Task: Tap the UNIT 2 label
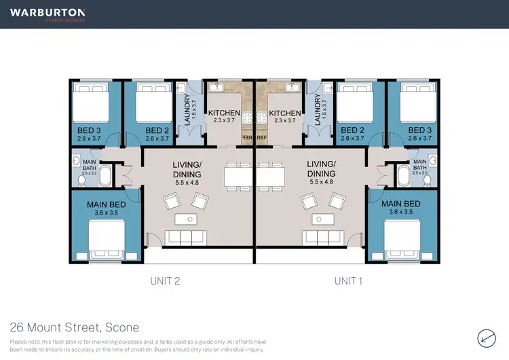click(x=164, y=280)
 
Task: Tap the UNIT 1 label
click(x=349, y=280)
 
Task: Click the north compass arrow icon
click(x=485, y=336)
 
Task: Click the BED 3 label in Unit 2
click(x=89, y=130)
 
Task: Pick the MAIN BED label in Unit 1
click(x=401, y=204)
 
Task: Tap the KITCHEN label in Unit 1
click(x=284, y=113)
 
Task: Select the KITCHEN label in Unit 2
click(x=223, y=113)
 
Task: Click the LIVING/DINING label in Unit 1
click(x=321, y=168)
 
